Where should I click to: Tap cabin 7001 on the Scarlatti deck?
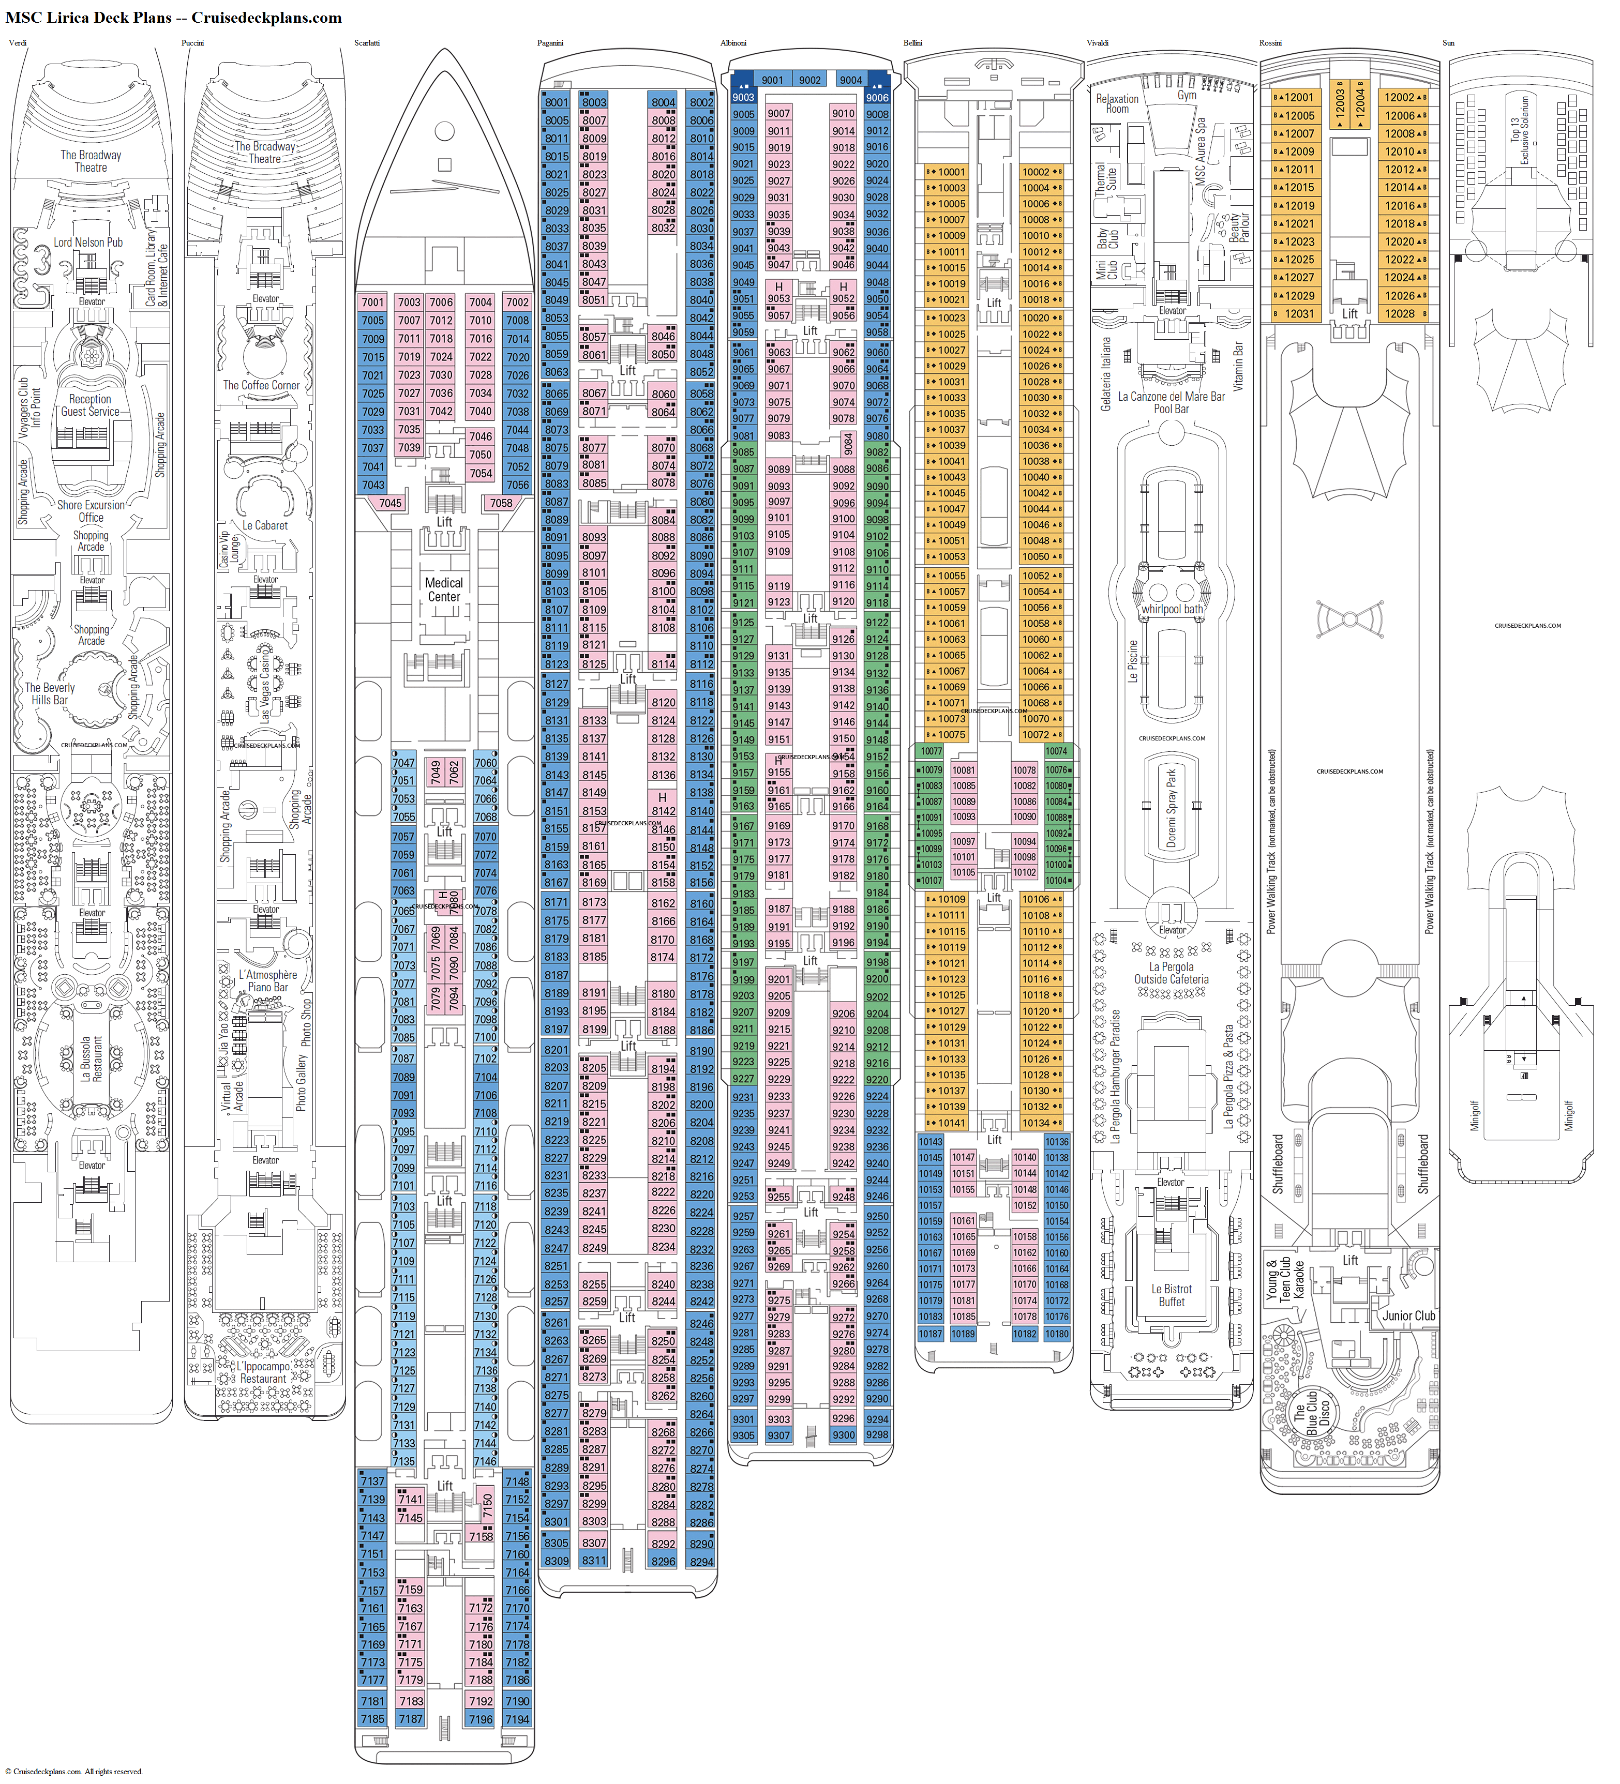pyautogui.click(x=373, y=303)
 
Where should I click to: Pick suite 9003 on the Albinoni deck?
pyautogui.click(x=744, y=97)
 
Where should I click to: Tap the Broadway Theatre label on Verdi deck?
pyautogui.click(x=91, y=161)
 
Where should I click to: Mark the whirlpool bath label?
pyautogui.click(x=1172, y=609)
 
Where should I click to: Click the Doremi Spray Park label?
pyautogui.click(x=1172, y=808)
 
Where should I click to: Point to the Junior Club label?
pyautogui.click(x=1408, y=1316)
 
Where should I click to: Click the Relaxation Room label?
pyautogui.click(x=1117, y=103)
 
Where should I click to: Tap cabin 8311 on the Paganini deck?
pyautogui.click(x=594, y=1560)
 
